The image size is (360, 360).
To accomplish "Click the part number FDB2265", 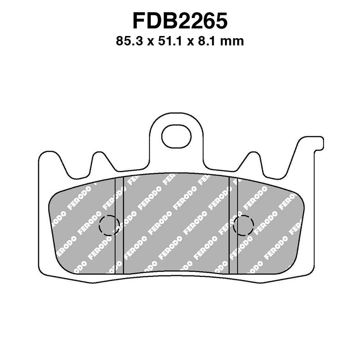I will [x=180, y=21].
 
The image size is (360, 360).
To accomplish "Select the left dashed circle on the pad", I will [x=109, y=225].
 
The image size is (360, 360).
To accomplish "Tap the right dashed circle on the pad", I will [x=244, y=225].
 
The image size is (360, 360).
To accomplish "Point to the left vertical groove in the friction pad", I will [x=119, y=225].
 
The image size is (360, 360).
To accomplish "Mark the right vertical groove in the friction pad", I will [x=233, y=225].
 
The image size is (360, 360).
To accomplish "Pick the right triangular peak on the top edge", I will [x=253, y=156].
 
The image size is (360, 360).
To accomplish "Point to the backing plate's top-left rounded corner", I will [x=43, y=155].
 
